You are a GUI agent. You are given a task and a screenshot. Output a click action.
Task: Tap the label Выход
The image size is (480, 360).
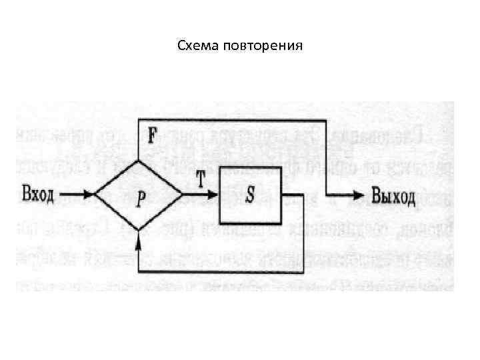393,196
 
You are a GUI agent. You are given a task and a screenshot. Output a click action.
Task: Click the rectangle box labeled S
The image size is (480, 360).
250,196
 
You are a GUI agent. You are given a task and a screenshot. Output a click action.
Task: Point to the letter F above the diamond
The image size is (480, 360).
152,136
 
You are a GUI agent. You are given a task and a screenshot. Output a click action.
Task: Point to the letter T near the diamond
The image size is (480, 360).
200,177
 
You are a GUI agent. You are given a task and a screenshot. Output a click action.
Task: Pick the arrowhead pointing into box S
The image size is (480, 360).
213,195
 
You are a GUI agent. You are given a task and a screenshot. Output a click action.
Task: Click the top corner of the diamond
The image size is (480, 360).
139,162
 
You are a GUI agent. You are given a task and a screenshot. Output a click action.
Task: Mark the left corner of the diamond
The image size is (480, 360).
95,195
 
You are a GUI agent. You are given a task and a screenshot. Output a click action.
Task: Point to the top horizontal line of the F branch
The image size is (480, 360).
233,121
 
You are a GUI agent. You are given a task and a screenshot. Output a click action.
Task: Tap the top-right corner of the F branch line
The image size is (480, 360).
326,121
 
